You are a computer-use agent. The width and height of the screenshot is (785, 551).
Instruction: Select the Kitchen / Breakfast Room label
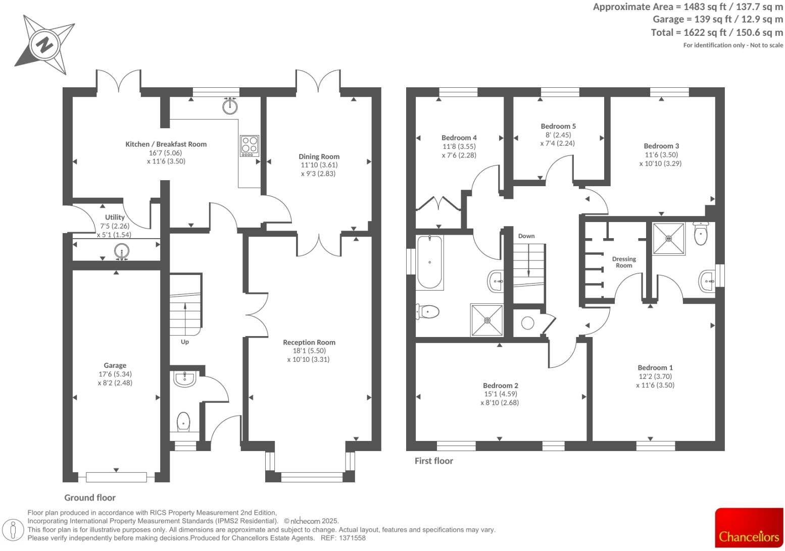pos(166,144)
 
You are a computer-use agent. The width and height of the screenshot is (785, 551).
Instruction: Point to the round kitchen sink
pos(230,105)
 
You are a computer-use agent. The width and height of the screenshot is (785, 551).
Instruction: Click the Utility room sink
pos(121,251)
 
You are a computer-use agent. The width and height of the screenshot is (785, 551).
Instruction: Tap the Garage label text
pos(115,365)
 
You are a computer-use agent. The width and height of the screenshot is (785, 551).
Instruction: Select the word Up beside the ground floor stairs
pos(185,342)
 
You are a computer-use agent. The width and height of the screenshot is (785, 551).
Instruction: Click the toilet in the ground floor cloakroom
pos(183,421)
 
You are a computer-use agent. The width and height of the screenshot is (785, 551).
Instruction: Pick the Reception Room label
pos(309,342)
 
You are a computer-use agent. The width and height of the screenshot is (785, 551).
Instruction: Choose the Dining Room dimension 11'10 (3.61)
pos(319,165)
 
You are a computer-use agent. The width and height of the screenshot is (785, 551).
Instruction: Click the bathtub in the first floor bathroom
pos(429,262)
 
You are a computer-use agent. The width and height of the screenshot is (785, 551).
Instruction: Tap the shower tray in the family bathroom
pos(487,320)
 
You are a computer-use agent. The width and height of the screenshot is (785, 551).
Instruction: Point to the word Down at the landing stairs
pos(526,236)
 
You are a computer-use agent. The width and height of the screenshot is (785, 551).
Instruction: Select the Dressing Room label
pos(624,262)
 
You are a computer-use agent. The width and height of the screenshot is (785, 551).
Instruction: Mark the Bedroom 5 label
pos(558,126)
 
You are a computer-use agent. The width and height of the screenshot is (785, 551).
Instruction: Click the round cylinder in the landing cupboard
pos(527,323)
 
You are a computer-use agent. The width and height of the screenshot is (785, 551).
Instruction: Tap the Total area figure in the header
pos(717,33)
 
